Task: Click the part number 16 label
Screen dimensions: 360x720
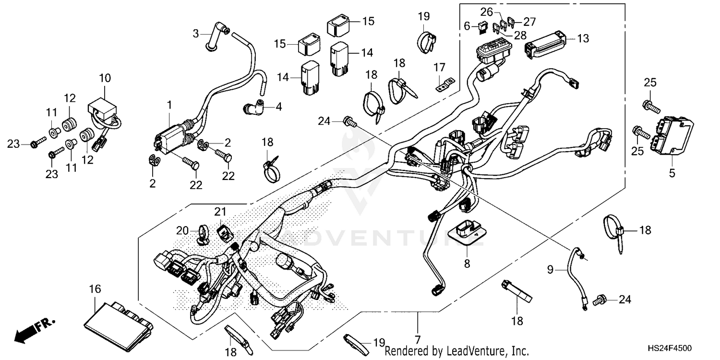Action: pos(95,288)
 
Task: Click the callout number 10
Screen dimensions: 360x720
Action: pos(105,77)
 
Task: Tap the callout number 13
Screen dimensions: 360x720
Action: pos(582,39)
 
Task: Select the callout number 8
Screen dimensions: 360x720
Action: pos(467,264)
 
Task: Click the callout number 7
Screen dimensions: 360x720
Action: pos(418,337)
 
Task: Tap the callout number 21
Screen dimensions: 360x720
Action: pos(220,212)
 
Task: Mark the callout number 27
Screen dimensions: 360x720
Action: pos(528,21)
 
